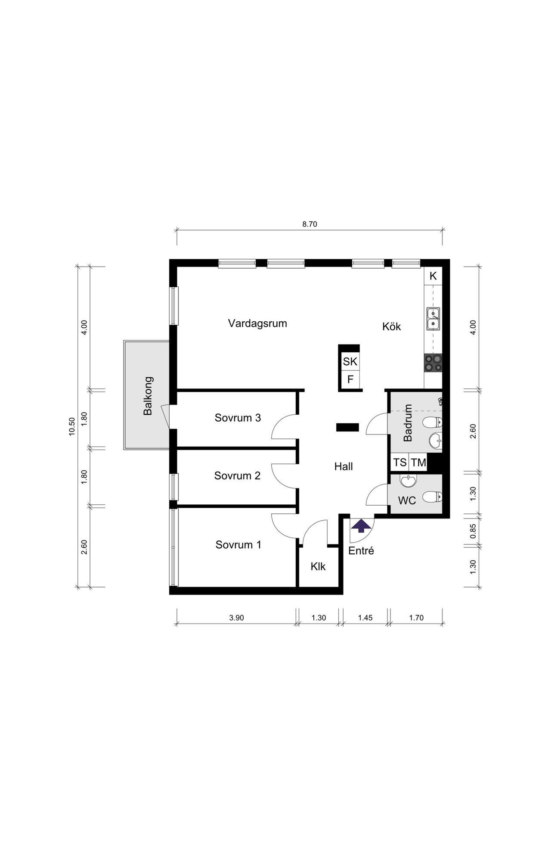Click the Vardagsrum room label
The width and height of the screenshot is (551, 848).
(x=257, y=323)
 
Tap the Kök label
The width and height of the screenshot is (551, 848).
(x=391, y=326)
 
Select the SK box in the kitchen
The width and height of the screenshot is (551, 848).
(x=350, y=361)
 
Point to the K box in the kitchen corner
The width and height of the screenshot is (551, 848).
(x=433, y=276)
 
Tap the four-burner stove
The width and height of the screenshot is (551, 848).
(x=433, y=363)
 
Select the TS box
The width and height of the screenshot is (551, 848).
(x=399, y=463)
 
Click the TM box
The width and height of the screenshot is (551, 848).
(x=418, y=463)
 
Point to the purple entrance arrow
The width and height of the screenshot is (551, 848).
(x=361, y=526)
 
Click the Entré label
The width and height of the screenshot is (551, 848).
(x=361, y=550)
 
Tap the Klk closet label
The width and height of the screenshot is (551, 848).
(x=318, y=567)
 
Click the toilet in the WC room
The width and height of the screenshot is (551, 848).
(x=433, y=497)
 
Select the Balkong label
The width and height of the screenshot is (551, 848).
(x=148, y=396)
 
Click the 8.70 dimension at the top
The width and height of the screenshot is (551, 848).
(x=310, y=224)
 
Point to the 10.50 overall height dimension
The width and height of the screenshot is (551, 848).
(x=72, y=427)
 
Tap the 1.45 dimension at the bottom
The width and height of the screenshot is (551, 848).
(x=365, y=618)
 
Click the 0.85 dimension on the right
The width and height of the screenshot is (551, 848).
(x=473, y=531)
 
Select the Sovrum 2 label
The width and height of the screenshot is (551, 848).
(x=237, y=476)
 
